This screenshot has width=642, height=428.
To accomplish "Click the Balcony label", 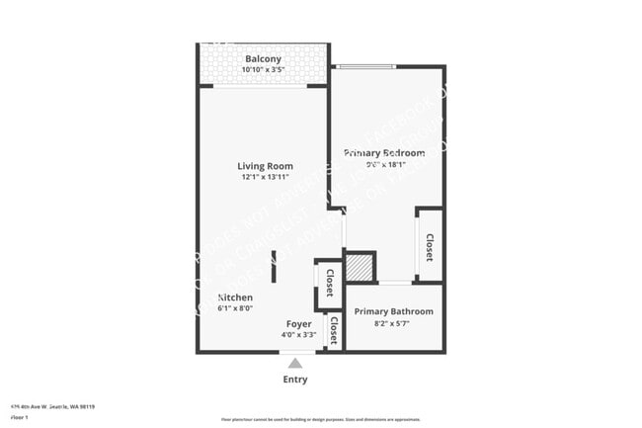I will pyautogui.click(x=263, y=59).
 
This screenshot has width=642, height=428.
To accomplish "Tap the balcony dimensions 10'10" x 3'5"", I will pyautogui.click(x=263, y=70).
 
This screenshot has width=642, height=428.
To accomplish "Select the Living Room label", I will pyautogui.click(x=265, y=166).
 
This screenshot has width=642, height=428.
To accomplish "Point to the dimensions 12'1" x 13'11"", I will pyautogui.click(x=265, y=178).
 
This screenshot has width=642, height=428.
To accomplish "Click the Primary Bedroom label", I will pyautogui.click(x=384, y=153).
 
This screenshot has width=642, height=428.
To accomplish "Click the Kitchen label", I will pyautogui.click(x=235, y=298).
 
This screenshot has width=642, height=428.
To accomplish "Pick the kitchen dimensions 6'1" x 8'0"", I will pyautogui.click(x=235, y=308).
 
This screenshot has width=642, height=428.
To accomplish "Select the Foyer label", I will pyautogui.click(x=298, y=324).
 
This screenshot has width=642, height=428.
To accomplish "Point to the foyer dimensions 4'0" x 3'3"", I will pyautogui.click(x=298, y=335).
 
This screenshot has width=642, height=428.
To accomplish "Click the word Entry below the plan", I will pyautogui.click(x=295, y=380).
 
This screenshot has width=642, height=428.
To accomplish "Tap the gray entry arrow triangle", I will pyautogui.click(x=295, y=363).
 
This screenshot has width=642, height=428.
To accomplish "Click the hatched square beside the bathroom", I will pyautogui.click(x=361, y=268).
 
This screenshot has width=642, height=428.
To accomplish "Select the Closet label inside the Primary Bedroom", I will pyautogui.click(x=430, y=246).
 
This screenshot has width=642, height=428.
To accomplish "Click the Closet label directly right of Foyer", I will pyautogui.click(x=334, y=329).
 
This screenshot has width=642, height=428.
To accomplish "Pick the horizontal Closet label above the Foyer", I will pyautogui.click(x=329, y=285).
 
